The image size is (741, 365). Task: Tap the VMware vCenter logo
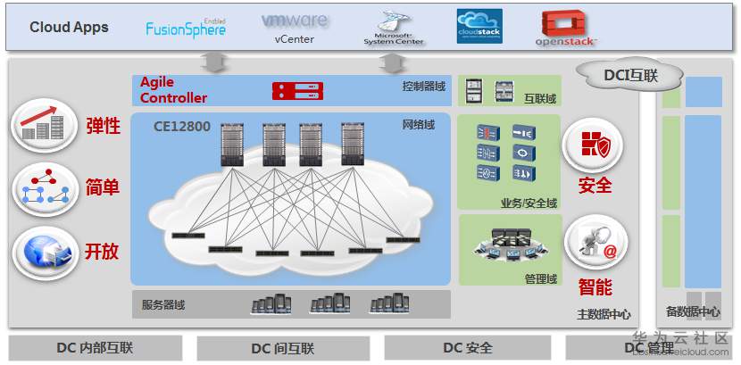click(x=295, y=26)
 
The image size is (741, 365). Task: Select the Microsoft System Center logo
click(x=393, y=28)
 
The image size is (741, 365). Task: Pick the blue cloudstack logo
click(x=479, y=27)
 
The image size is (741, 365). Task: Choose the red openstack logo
click(x=566, y=28)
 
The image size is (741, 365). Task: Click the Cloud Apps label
click(x=69, y=27)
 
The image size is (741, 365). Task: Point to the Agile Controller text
click(x=173, y=90)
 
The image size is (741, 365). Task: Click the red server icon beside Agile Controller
click(x=296, y=90)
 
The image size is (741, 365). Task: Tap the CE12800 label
click(x=182, y=127)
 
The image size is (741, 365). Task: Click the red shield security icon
click(x=595, y=145)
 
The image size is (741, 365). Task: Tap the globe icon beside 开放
click(x=45, y=249)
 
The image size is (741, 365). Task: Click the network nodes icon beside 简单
click(x=45, y=188)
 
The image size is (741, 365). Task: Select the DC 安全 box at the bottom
click(x=467, y=347)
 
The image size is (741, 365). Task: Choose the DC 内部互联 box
click(x=94, y=347)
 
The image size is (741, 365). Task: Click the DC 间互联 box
click(x=282, y=347)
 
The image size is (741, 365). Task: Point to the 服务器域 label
click(x=163, y=305)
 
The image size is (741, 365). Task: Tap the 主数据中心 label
click(x=604, y=314)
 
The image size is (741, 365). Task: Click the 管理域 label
click(x=540, y=279)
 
